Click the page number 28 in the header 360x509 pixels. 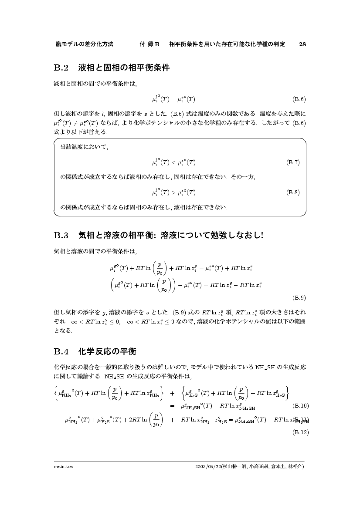302,44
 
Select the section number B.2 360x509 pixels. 61,68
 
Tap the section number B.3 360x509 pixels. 61,236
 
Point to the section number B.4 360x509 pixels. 61,351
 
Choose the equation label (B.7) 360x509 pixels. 293,162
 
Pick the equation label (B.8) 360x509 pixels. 293,192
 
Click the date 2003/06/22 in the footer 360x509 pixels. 209,466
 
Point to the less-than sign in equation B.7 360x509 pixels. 173,163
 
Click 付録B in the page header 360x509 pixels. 149,44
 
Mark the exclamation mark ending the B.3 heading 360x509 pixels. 262,236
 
